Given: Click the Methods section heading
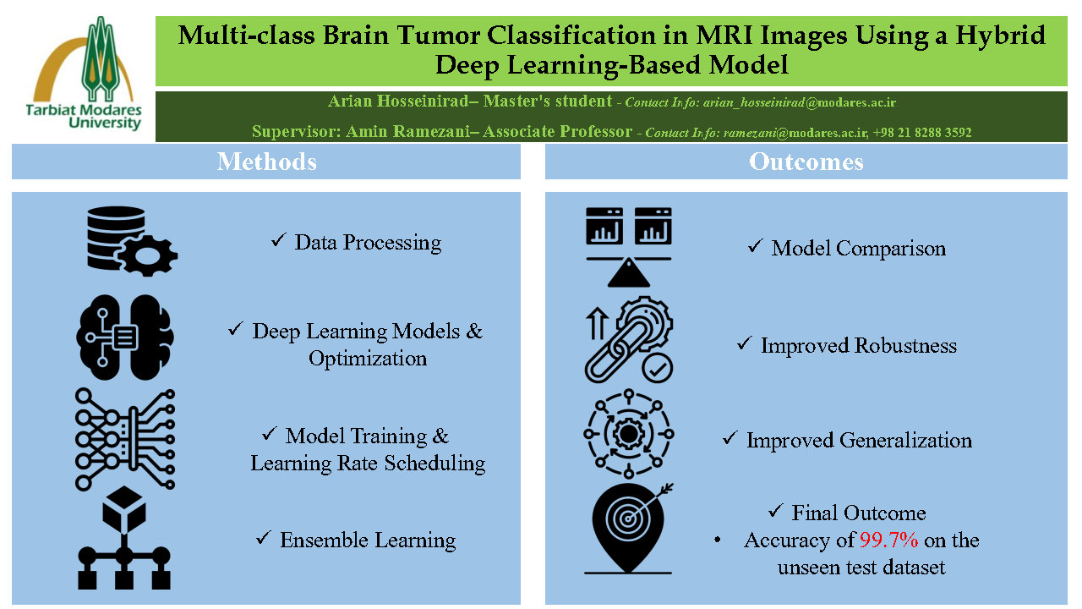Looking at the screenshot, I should click(266, 162).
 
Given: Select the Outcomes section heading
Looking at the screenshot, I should click(806, 162).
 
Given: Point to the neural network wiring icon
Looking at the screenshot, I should click(124, 438).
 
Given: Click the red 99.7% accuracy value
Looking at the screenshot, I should click(888, 540).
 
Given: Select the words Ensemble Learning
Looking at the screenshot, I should click(368, 540).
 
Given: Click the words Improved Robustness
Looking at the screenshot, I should click(858, 345).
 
